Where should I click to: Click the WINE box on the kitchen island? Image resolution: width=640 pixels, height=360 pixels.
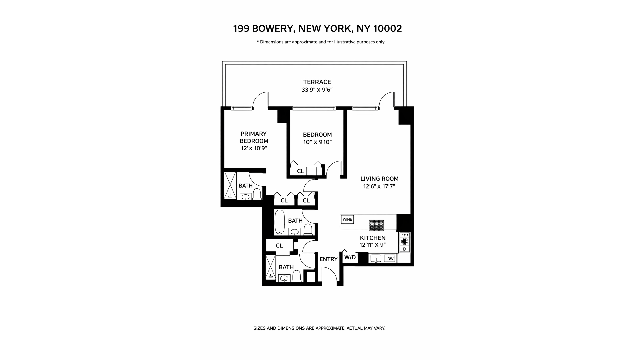347,219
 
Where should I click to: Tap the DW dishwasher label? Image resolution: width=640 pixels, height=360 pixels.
389,258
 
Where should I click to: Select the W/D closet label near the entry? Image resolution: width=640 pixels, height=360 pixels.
350,257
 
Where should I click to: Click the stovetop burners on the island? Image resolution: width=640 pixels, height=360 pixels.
376,225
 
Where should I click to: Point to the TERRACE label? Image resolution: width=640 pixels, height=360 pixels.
317,82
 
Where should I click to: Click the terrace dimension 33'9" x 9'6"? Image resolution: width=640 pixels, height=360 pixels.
317,90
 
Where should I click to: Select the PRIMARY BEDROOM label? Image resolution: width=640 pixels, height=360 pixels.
254,137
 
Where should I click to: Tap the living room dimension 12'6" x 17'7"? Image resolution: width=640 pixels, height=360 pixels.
379,186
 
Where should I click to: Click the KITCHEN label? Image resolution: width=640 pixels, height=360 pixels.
373,238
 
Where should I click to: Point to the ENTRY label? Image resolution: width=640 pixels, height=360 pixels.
328,259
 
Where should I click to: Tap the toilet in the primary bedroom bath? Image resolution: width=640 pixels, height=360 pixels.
257,194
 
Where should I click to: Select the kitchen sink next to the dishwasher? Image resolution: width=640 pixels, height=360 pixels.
376,259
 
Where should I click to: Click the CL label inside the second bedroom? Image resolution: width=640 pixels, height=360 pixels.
300,171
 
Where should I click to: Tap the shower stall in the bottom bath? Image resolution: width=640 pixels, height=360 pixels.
271,267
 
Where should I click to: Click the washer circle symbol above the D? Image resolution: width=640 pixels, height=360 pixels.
405,241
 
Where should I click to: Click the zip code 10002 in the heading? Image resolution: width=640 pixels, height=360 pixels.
387,29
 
